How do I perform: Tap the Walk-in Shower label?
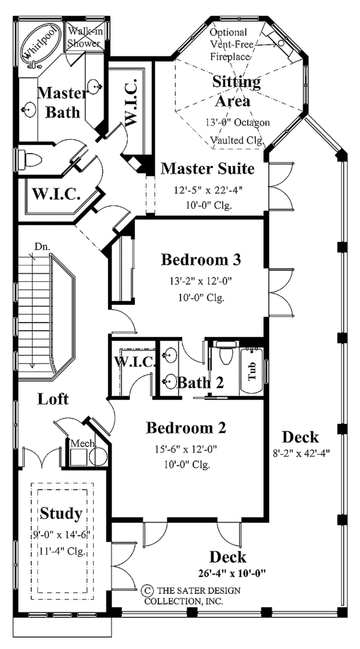click(85, 37)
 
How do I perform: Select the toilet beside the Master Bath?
click(31, 158)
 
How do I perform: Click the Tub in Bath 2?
click(252, 371)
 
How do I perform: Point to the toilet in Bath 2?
click(226, 353)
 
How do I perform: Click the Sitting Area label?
click(236, 92)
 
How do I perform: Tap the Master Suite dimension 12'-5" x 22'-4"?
click(208, 190)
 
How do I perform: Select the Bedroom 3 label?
click(200, 260)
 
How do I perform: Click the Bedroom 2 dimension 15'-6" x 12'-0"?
click(186, 449)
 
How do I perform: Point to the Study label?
click(61, 513)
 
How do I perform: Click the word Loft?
click(53, 399)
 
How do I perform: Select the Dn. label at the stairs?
click(42, 247)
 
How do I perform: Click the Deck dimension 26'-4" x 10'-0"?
click(232, 573)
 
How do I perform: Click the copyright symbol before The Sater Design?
click(145, 589)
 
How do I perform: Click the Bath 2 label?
click(200, 383)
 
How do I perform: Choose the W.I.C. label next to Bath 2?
click(135, 362)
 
